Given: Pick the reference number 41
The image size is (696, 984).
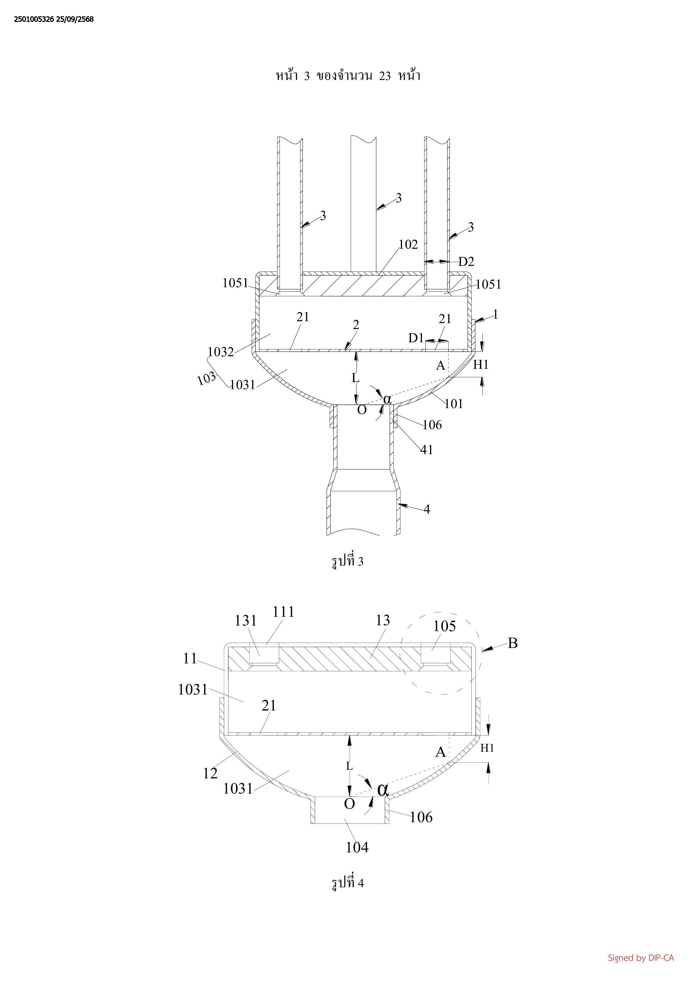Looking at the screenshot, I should (426, 450).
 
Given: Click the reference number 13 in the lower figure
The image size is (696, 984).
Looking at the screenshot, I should (383, 620).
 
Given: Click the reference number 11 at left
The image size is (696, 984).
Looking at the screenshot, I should (190, 658).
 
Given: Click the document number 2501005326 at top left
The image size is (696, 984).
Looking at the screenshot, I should (34, 19).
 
